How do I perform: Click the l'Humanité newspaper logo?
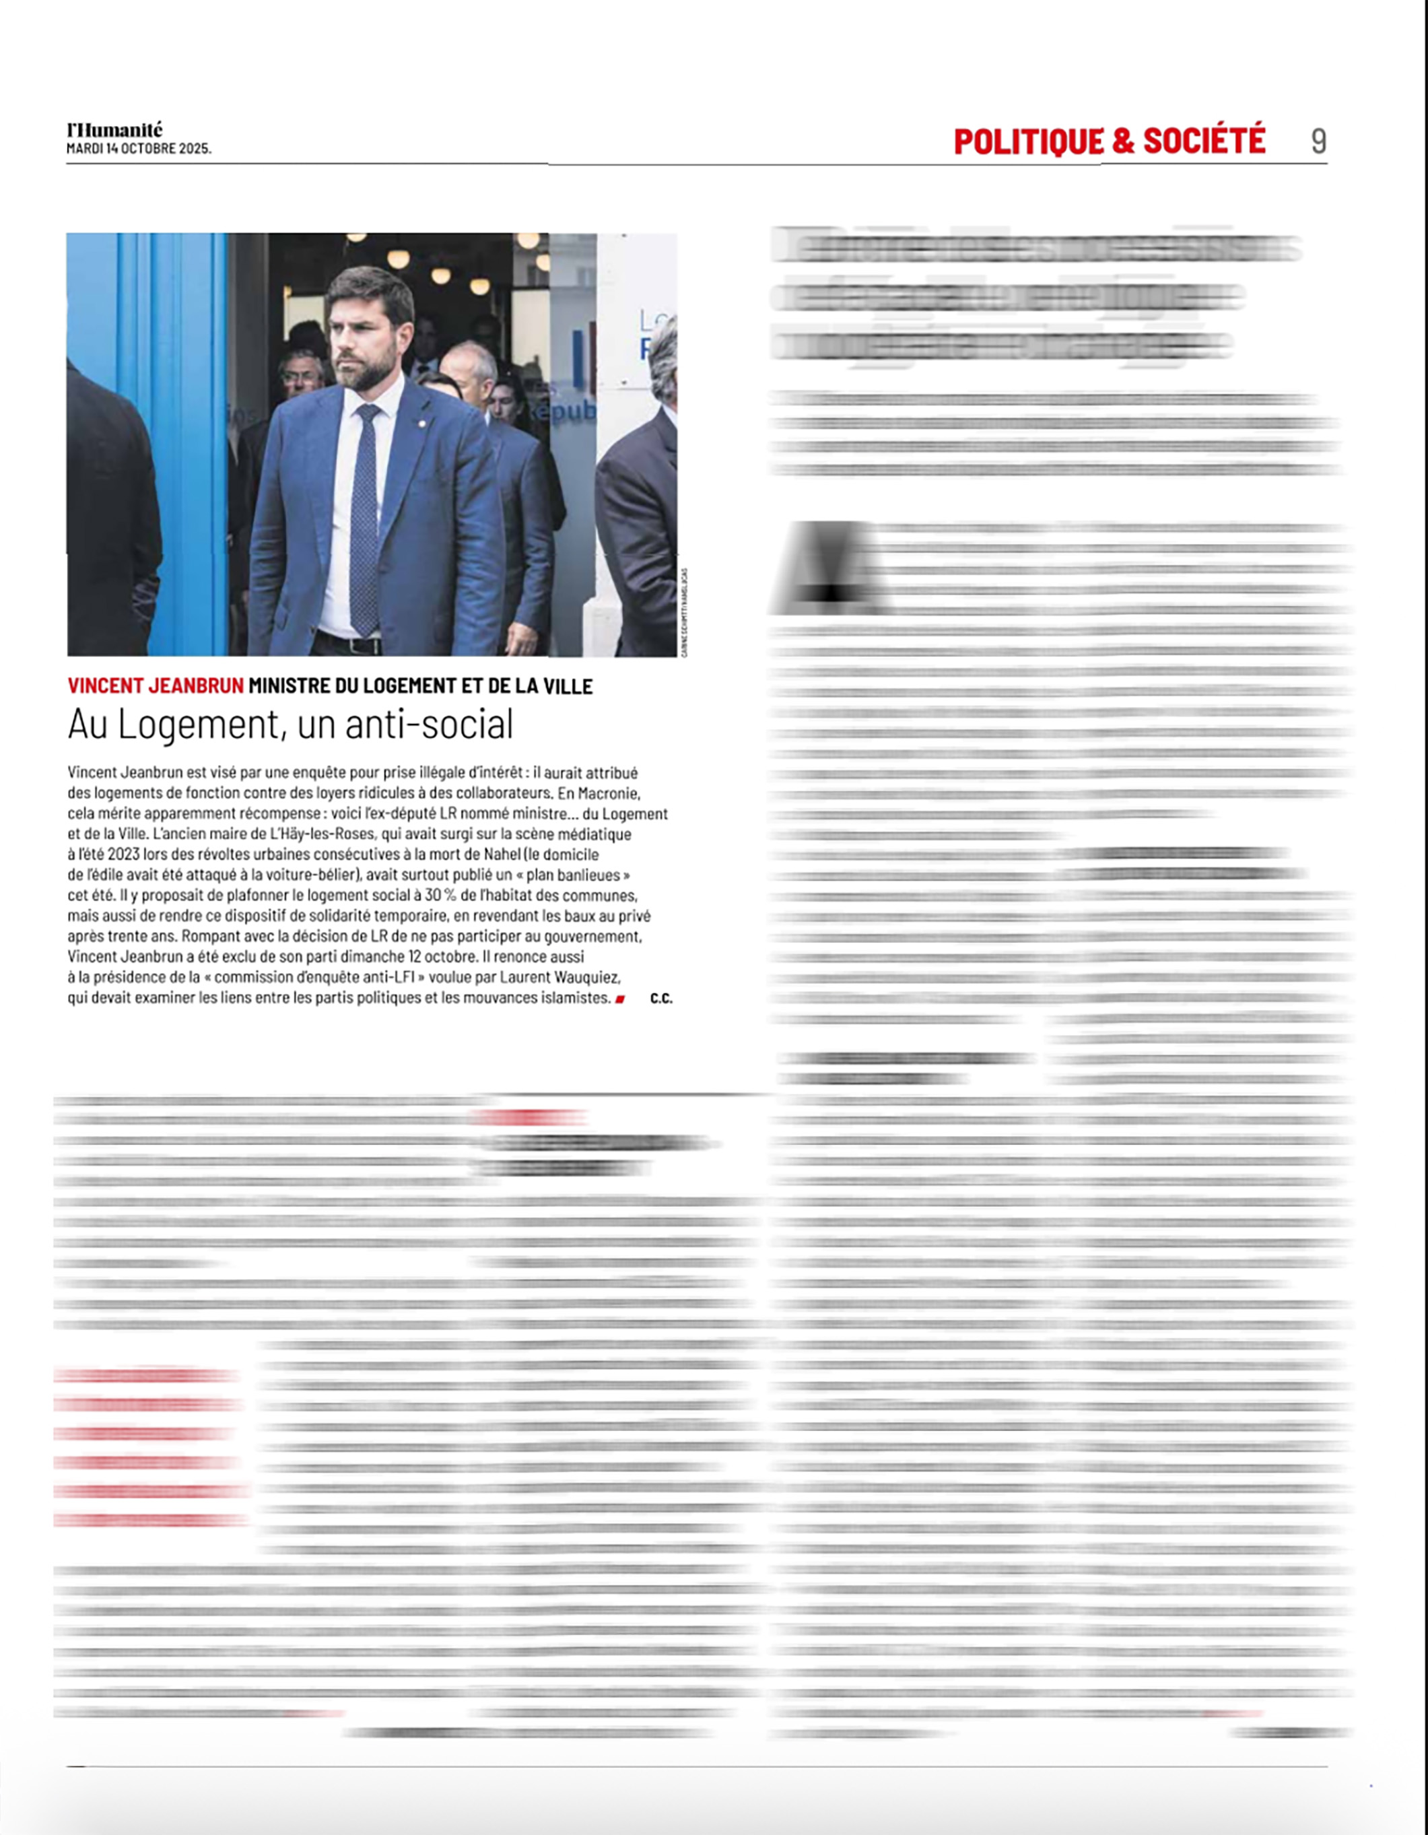click(114, 130)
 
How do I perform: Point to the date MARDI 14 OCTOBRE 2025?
click(139, 149)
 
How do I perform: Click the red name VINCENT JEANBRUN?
click(156, 686)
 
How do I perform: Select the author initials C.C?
click(661, 999)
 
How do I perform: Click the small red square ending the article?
click(620, 999)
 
